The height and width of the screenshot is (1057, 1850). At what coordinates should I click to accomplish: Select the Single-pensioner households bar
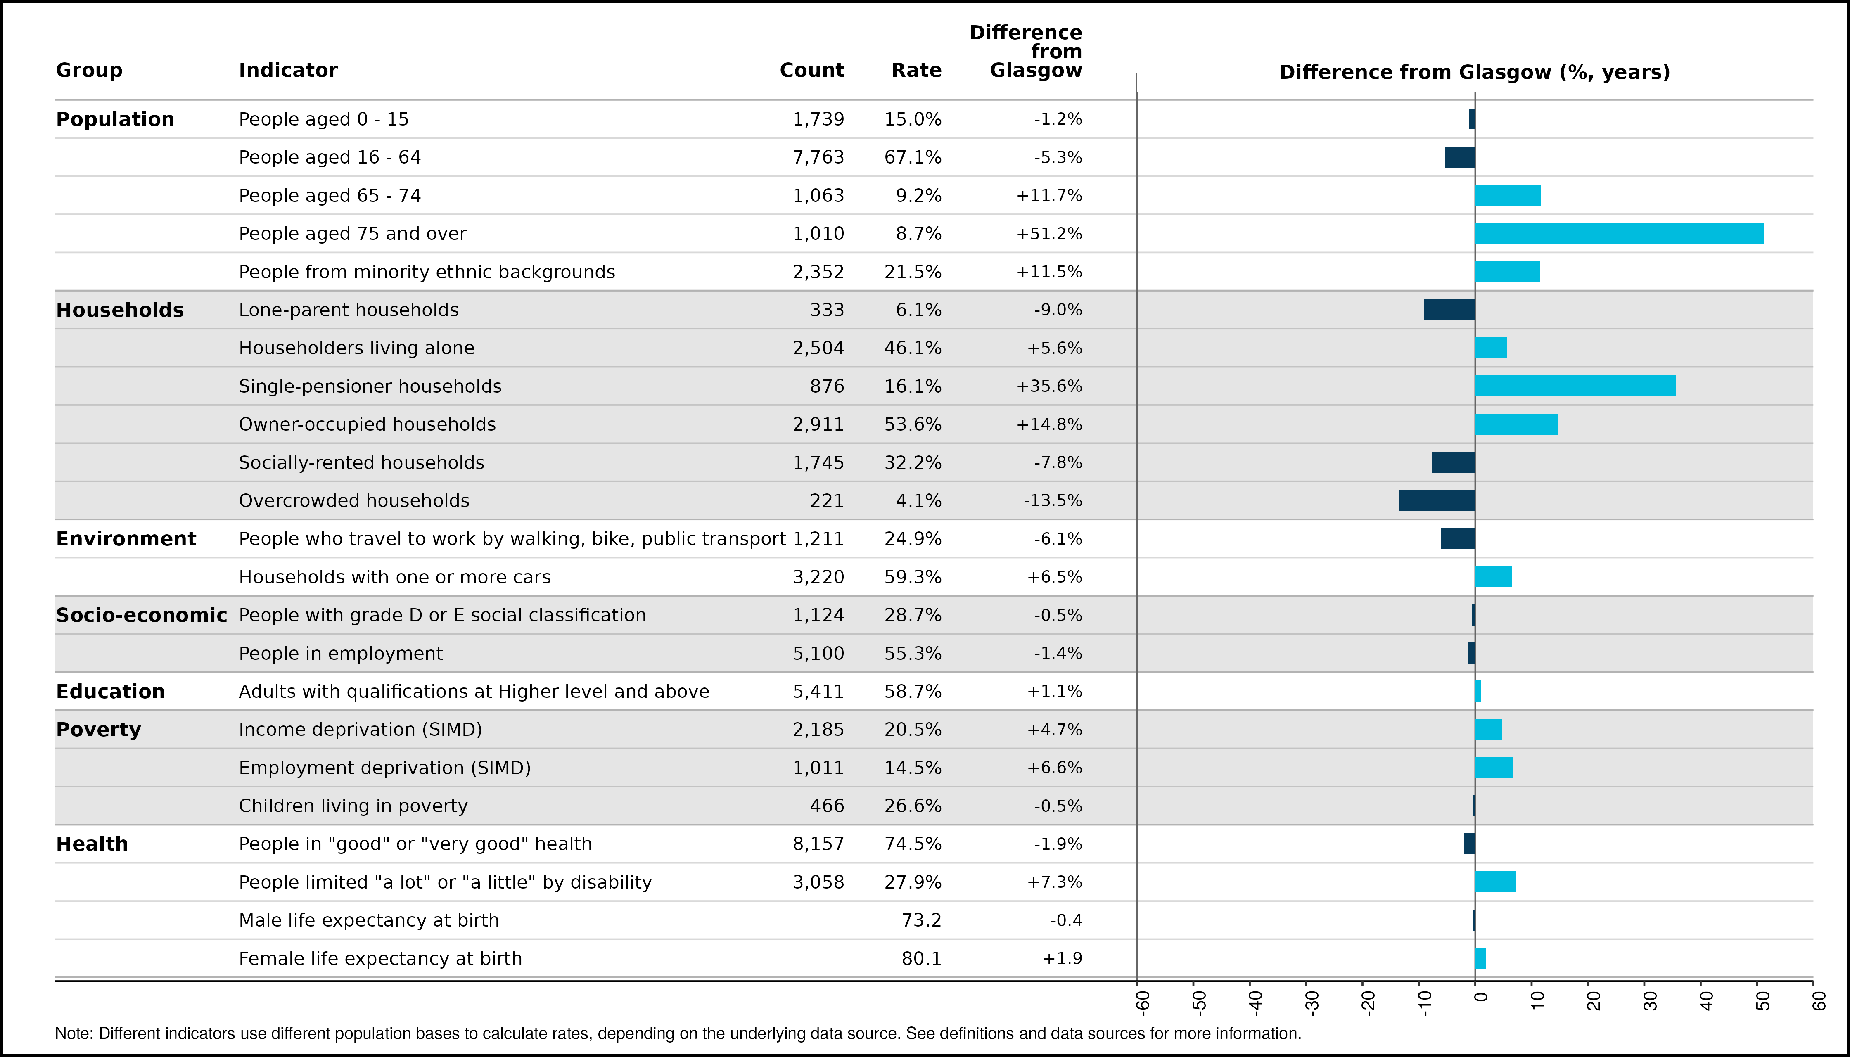click(x=1575, y=386)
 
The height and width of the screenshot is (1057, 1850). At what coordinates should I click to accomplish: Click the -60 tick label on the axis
click(x=1142, y=1002)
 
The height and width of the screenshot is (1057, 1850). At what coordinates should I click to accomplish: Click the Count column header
click(x=812, y=71)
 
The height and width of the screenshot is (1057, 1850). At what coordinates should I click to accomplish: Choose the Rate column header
click(x=916, y=71)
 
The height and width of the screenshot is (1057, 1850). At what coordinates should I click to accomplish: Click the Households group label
click(x=120, y=310)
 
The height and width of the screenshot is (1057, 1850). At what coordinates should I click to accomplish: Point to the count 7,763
click(x=818, y=158)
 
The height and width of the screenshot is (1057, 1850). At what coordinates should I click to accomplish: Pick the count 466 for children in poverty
click(x=827, y=806)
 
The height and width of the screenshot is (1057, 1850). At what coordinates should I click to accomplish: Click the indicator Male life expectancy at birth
click(x=369, y=920)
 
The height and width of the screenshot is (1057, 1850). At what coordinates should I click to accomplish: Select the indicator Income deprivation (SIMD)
click(x=360, y=730)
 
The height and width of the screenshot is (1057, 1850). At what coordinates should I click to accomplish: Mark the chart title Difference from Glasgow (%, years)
click(x=1475, y=73)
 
